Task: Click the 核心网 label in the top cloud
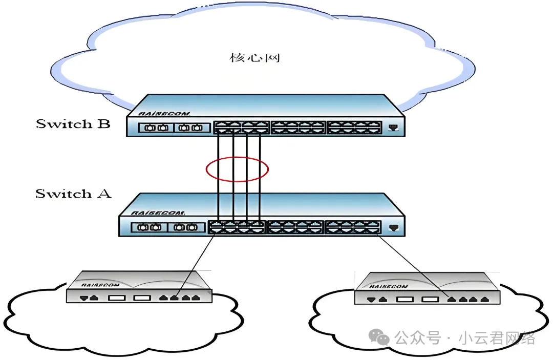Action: tap(254, 57)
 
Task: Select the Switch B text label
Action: tap(73, 124)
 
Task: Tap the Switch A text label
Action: tap(73, 194)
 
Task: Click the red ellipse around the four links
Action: tap(237, 170)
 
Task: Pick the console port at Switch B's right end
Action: tap(393, 126)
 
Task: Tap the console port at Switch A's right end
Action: tap(393, 226)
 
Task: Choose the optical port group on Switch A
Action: tap(164, 227)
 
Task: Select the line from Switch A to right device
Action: tap(415, 265)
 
